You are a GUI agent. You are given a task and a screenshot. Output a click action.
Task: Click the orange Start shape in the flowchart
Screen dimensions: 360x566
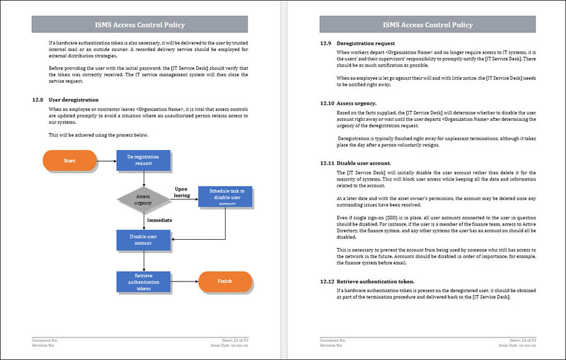tap(70, 161)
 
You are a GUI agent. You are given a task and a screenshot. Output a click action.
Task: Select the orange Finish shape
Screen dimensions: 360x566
tap(224, 281)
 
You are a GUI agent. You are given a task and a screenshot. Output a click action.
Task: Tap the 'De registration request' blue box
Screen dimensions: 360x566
tap(144, 161)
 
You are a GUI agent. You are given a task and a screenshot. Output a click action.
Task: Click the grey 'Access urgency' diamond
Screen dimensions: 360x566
tap(144, 201)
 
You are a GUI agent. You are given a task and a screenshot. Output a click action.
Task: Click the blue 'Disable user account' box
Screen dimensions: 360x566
tap(144, 240)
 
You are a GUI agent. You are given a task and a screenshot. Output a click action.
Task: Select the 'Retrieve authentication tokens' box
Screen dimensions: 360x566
tap(144, 281)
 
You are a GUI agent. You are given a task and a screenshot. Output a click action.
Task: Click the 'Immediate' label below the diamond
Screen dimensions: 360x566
tap(160, 221)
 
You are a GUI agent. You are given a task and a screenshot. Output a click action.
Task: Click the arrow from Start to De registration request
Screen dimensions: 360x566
tap(106, 161)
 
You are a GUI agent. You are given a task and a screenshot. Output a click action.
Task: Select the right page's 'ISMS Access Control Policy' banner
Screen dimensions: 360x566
tap(427, 25)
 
